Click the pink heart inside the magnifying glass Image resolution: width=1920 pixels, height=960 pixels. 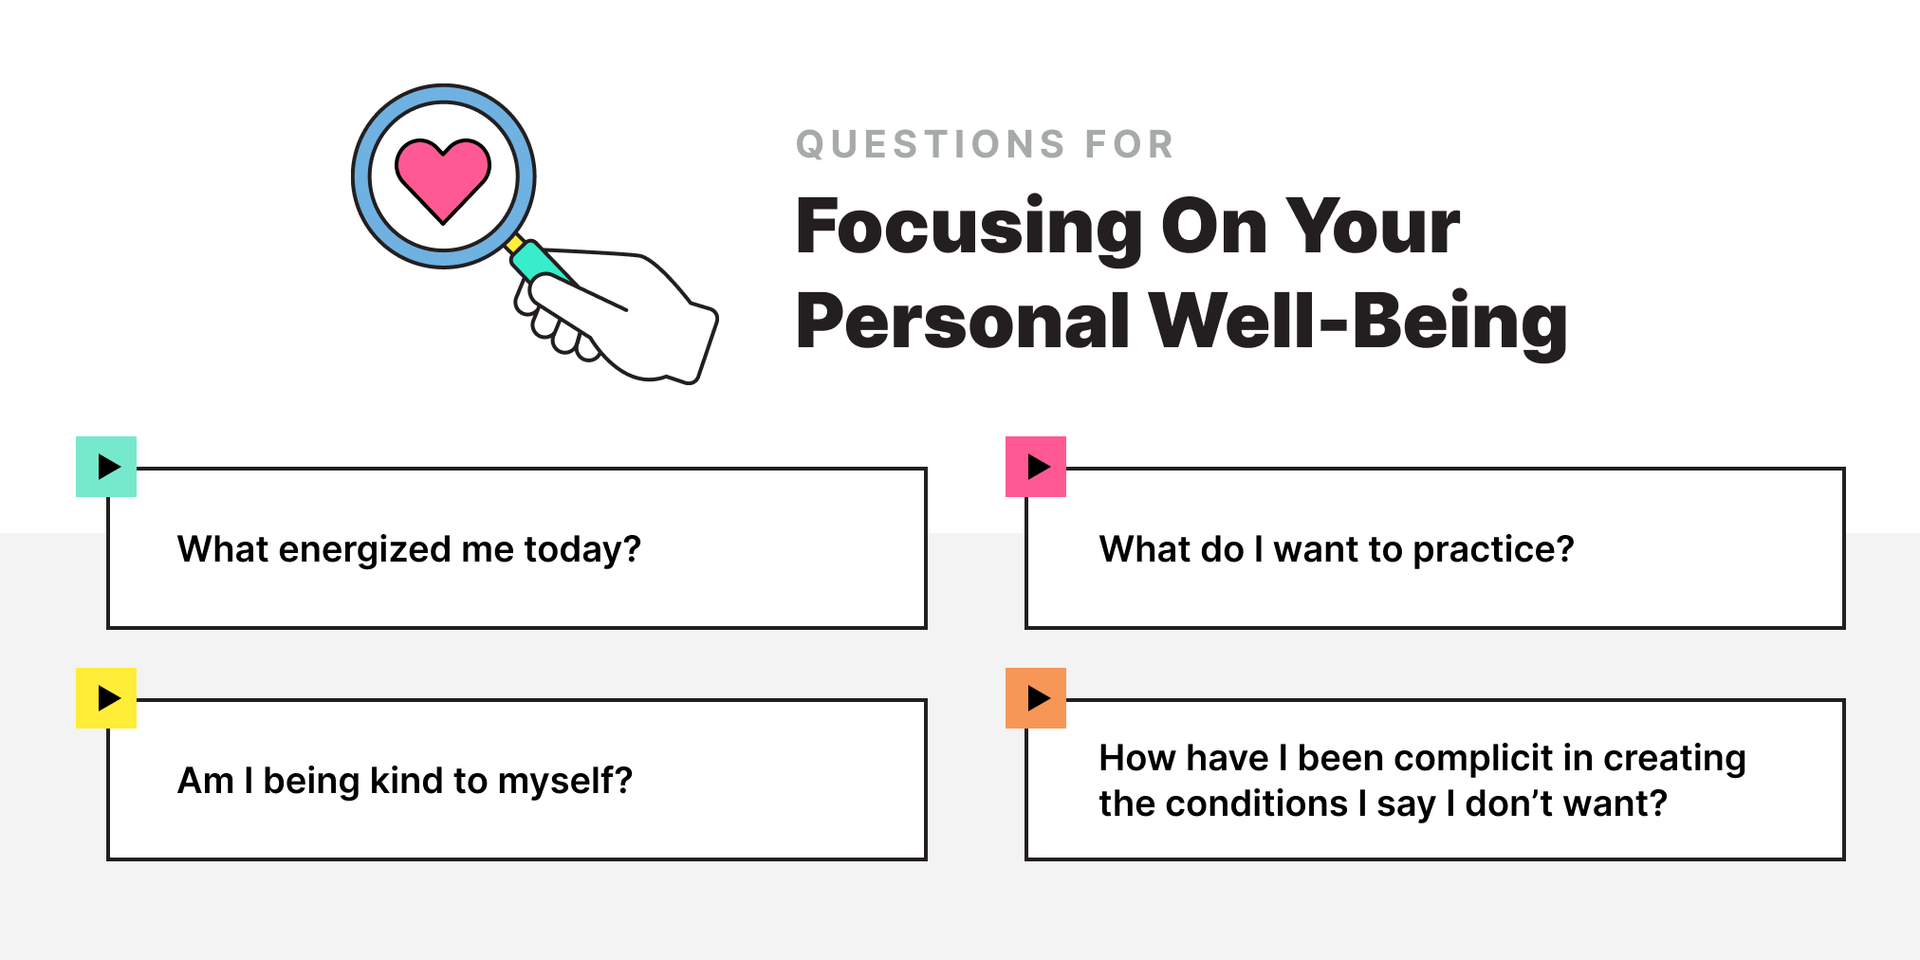pos(443,177)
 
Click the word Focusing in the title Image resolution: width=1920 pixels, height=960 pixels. pos(969,228)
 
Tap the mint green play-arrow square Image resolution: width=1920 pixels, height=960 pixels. pos(106,467)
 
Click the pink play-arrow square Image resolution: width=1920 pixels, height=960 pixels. pos(1036,467)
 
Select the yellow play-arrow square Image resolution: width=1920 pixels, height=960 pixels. pos(106,698)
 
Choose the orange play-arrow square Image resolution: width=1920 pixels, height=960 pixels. pos(1036,698)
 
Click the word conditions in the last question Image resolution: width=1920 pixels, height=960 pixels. pos(1256,803)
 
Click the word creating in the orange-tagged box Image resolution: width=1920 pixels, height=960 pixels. pos(1673,759)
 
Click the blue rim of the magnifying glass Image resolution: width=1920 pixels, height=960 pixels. pos(361,177)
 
